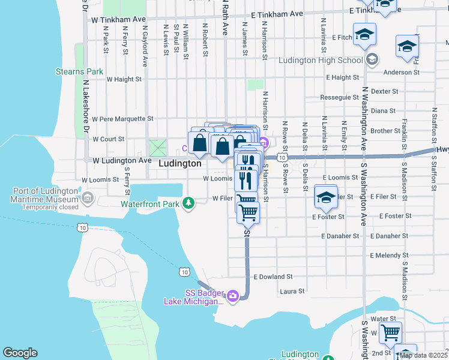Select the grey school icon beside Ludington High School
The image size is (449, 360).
pos(372,59)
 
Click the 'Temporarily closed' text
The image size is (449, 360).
pos(50,208)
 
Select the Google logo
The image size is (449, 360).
pos(20,353)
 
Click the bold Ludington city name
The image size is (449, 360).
pos(180,163)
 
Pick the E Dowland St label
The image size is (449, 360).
pos(273,277)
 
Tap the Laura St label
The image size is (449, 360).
pos(292,292)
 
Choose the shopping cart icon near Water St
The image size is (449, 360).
pos(391,332)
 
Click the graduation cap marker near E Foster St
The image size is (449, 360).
pos(325,197)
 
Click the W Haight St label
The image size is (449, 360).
pos(124,79)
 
